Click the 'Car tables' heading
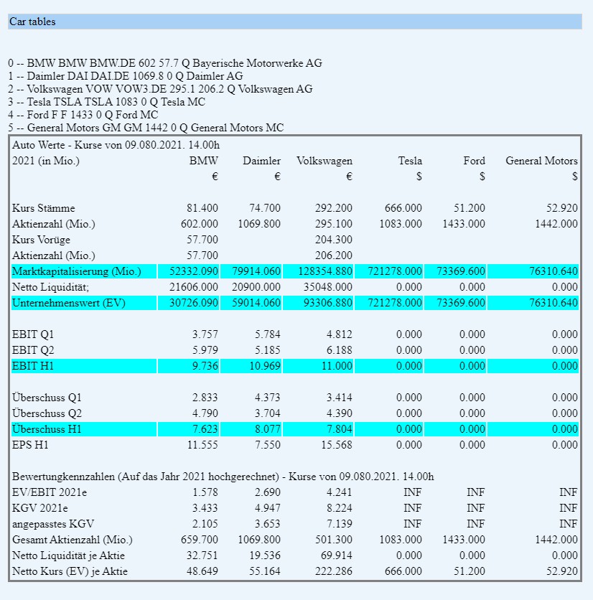[32, 22]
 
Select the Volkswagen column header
[324, 161]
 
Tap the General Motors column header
[541, 161]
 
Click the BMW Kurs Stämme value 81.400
[202, 208]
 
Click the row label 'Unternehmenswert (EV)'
[68, 303]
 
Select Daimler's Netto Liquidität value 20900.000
[259, 287]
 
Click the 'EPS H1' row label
[32, 445]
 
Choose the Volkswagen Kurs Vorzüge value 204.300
[334, 240]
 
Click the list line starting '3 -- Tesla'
[106, 102]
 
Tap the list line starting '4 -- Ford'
[83, 115]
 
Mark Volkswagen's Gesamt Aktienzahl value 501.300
[334, 540]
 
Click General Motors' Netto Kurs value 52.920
[561, 571]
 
